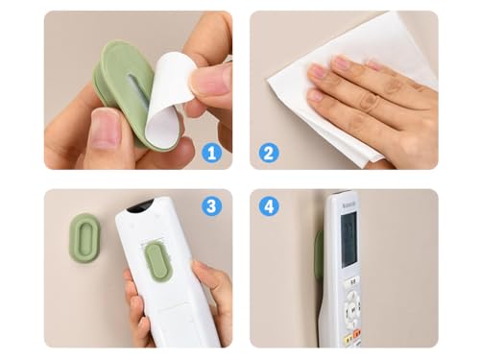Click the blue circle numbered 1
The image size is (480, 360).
point(211,152)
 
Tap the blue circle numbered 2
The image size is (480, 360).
point(269,152)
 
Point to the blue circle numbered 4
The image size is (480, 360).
point(269,206)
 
